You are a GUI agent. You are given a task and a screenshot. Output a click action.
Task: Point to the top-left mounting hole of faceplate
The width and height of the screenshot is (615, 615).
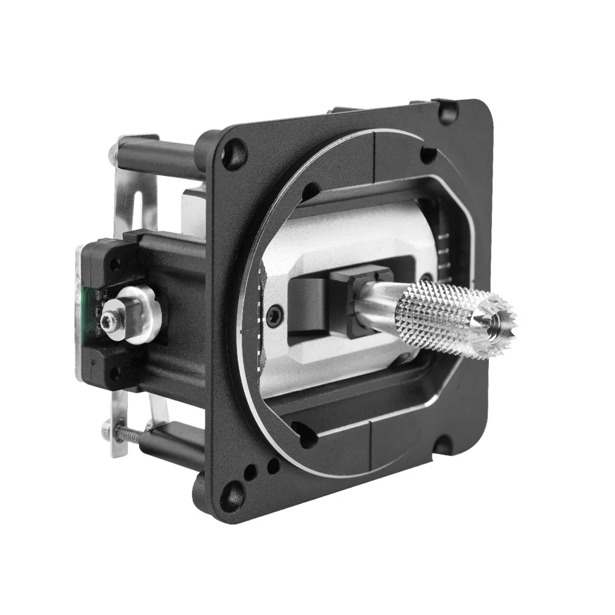click(x=234, y=154)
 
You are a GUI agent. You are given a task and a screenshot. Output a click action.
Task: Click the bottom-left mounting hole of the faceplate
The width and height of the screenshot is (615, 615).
click(x=232, y=495)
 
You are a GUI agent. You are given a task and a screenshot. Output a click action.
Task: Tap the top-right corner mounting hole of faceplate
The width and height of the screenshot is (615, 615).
click(x=447, y=112)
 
